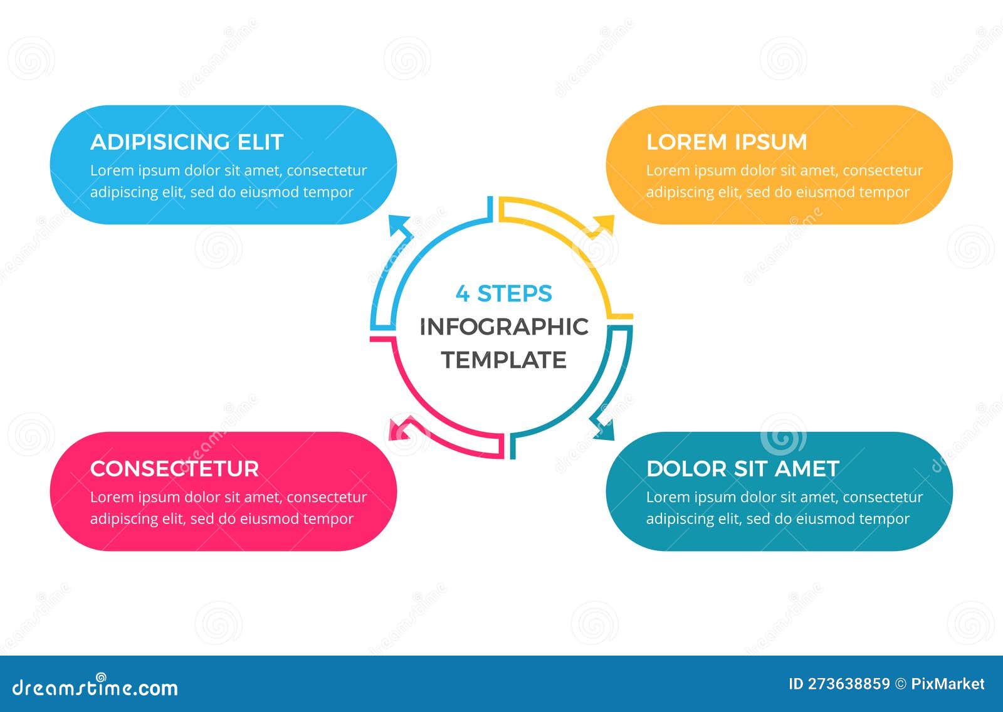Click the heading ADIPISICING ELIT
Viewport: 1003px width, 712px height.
click(x=187, y=142)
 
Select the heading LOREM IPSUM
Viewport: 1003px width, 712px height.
click(x=727, y=142)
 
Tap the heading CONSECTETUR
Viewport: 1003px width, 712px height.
click(x=174, y=469)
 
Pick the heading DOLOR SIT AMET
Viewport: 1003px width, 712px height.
click(x=742, y=469)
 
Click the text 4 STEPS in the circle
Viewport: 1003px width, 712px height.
click(x=504, y=293)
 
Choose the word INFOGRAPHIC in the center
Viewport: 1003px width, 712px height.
click(x=504, y=327)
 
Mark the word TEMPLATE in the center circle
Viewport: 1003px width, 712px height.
click(x=504, y=360)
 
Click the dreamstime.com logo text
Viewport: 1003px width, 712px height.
click(x=95, y=688)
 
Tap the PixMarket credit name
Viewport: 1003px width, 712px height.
click(x=948, y=684)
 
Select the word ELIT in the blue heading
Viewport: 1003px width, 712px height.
click(x=260, y=142)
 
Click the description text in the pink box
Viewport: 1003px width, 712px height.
click(x=228, y=508)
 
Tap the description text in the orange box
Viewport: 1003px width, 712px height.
click(x=784, y=181)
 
